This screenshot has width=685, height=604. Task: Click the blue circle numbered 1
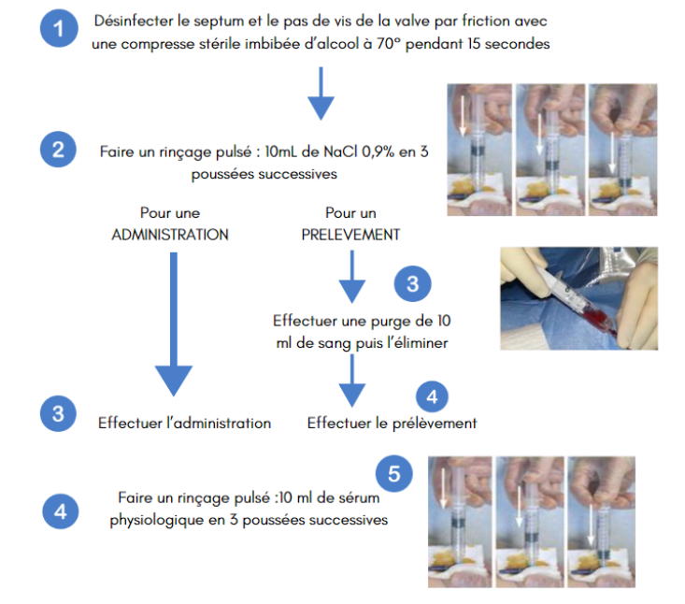pyautogui.click(x=59, y=28)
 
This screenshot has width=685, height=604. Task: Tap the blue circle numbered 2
pyautogui.click(x=58, y=150)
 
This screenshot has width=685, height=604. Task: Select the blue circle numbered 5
pyautogui.click(x=394, y=474)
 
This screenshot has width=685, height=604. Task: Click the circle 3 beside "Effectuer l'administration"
pyautogui.click(x=58, y=413)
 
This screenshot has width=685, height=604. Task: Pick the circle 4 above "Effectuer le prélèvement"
pyautogui.click(x=432, y=396)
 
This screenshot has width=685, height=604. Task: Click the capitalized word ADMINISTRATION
pyautogui.click(x=170, y=235)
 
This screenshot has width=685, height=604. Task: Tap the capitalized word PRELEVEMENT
pyautogui.click(x=350, y=235)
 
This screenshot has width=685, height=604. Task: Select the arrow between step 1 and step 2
pyautogui.click(x=321, y=93)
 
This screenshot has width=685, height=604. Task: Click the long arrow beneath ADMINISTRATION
pyautogui.click(x=174, y=324)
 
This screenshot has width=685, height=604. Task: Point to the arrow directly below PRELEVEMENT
pyautogui.click(x=352, y=277)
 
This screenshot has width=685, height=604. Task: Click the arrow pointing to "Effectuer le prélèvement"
pyautogui.click(x=352, y=381)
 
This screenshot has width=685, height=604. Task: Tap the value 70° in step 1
pyautogui.click(x=389, y=44)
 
